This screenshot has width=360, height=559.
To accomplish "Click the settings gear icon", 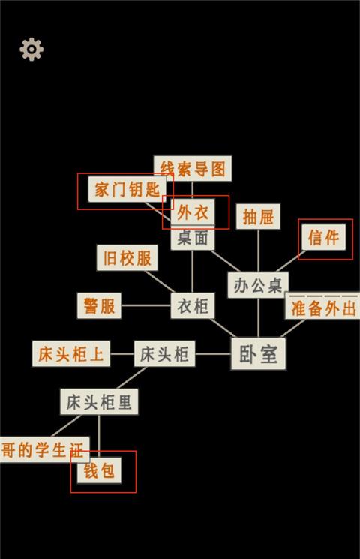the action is coord(31,49).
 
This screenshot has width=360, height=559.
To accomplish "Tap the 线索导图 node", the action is coord(193,168).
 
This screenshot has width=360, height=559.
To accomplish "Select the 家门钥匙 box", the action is coord(127,189).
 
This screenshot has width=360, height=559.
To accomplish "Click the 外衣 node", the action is coord(193,212).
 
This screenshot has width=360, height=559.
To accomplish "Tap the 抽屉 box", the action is coord(258,217).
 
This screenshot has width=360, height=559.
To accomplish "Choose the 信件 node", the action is coord(324,237).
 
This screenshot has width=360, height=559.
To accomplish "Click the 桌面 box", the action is coord(193,238).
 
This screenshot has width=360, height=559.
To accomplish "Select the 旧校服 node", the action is coord(127,258).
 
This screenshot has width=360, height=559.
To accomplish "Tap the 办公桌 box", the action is coord(258,285).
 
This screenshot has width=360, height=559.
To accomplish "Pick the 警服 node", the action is coord(99,305).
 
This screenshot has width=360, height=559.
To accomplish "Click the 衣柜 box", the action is coord(193,305).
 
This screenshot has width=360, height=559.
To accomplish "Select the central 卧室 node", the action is coord(259,354).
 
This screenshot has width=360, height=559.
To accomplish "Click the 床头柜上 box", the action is coord(71,353).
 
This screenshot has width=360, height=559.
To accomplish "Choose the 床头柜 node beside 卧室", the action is coord(165,353).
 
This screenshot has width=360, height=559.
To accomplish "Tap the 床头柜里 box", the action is coord(99,401).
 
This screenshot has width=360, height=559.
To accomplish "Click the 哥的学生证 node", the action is coord(43,450).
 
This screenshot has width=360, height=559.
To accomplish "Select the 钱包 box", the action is coord(99,470).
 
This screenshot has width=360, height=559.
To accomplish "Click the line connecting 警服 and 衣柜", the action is coord(145,305).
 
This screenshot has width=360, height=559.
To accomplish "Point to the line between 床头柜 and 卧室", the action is coord(213,354).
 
